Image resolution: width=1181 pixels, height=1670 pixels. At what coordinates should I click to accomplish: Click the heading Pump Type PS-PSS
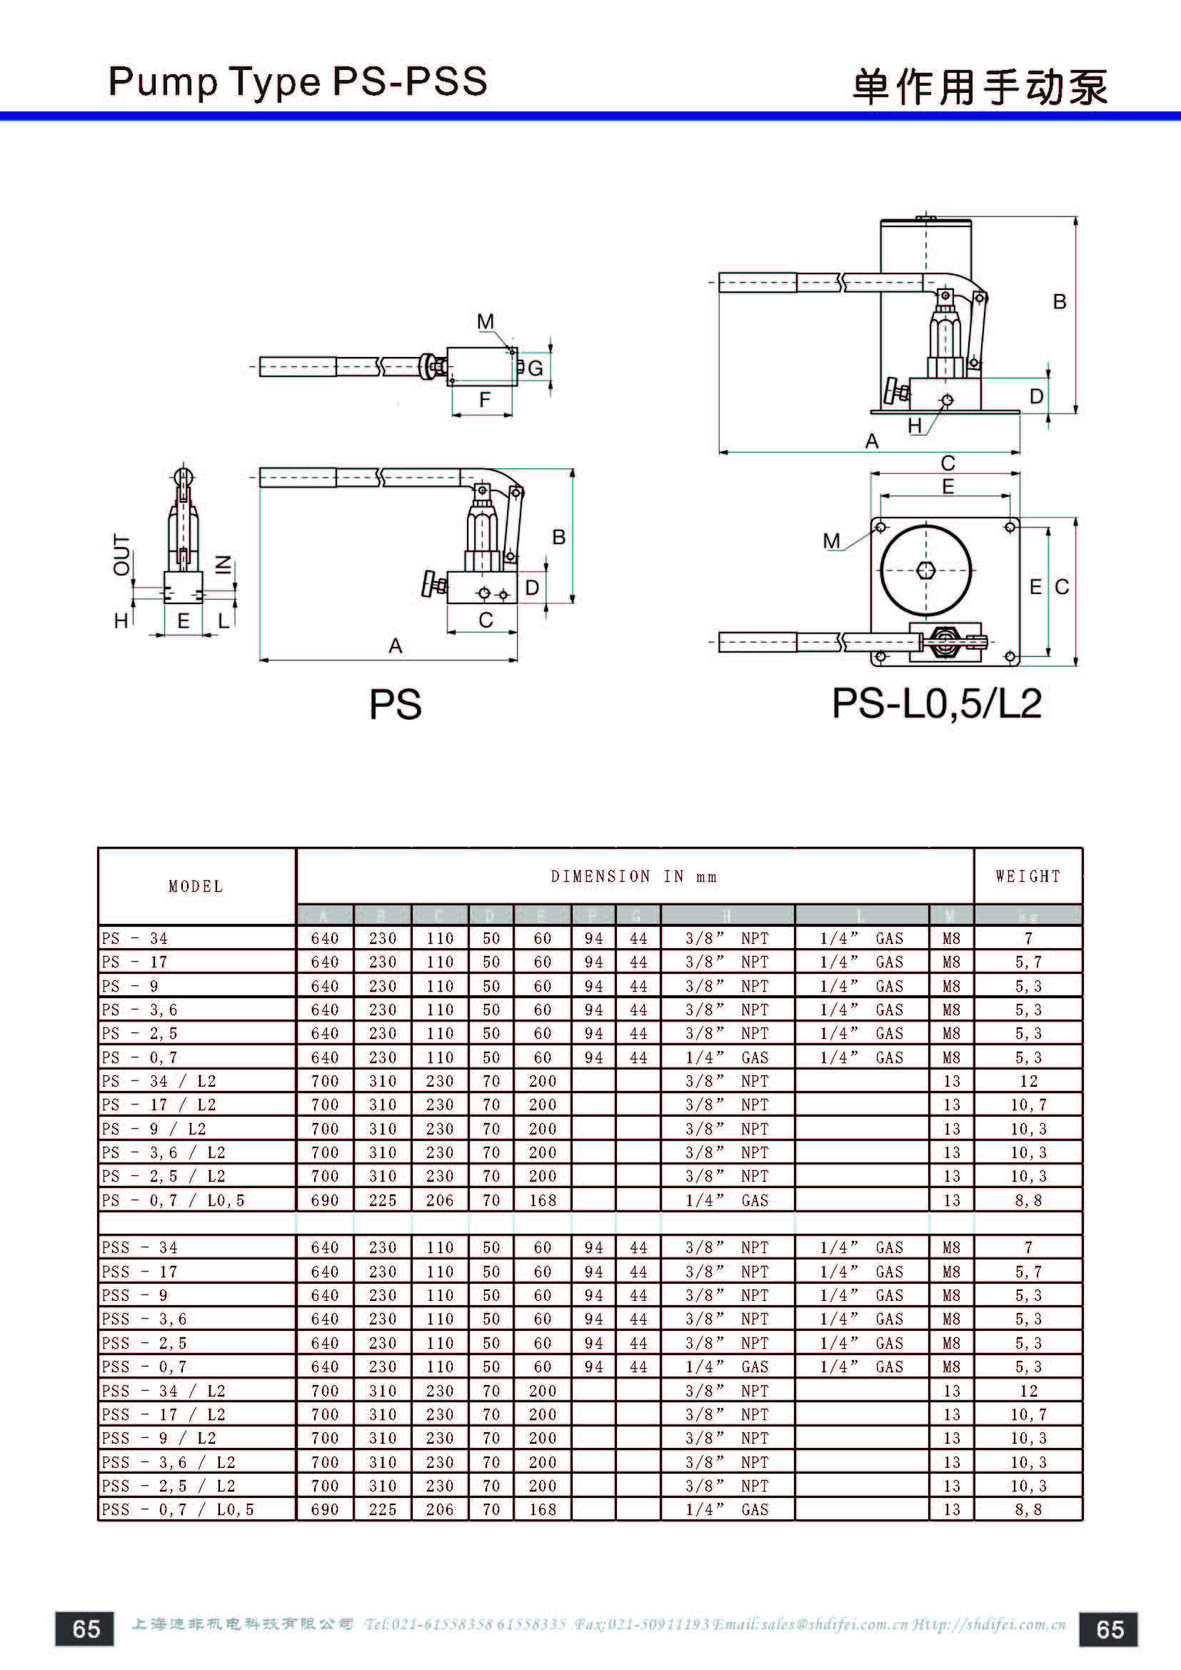pyautogui.click(x=298, y=81)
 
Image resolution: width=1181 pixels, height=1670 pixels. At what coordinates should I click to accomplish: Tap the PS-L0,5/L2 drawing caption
pyautogui.click(x=937, y=703)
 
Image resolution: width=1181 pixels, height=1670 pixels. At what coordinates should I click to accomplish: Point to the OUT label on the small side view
pyautogui.click(x=121, y=554)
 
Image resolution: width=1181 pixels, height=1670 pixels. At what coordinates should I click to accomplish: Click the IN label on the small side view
pyautogui.click(x=224, y=565)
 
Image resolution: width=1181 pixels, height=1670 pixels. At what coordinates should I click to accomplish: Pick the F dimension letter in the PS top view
pyautogui.click(x=484, y=399)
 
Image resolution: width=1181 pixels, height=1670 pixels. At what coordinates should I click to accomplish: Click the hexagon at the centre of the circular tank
pyautogui.click(x=926, y=570)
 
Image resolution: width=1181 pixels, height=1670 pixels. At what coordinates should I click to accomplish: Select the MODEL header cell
pyautogui.click(x=196, y=887)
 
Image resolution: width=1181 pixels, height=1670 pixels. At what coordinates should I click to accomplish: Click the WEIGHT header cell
pyautogui.click(x=1027, y=877)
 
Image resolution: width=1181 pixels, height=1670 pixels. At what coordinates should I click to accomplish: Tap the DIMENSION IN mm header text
pyautogui.click(x=633, y=877)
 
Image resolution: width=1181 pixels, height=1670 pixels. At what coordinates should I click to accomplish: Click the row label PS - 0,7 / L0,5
pyautogui.click(x=173, y=1200)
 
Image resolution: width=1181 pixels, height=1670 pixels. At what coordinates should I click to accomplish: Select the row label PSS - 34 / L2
pyautogui.click(x=164, y=1391)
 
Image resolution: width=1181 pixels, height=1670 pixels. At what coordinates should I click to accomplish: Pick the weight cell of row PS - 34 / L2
pyautogui.click(x=1027, y=1081)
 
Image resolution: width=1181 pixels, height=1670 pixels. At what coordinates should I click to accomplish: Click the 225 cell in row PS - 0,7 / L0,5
pyautogui.click(x=383, y=1200)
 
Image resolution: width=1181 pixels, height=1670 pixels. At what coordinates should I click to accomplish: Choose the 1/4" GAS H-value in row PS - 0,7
pyautogui.click(x=726, y=1057)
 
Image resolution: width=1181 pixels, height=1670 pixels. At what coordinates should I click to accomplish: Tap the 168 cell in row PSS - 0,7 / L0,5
pyautogui.click(x=542, y=1509)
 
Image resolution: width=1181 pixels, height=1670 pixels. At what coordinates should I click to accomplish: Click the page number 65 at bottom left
pyautogui.click(x=85, y=1629)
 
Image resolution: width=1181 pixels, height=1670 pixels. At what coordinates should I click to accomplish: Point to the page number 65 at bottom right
pyautogui.click(x=1109, y=1629)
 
